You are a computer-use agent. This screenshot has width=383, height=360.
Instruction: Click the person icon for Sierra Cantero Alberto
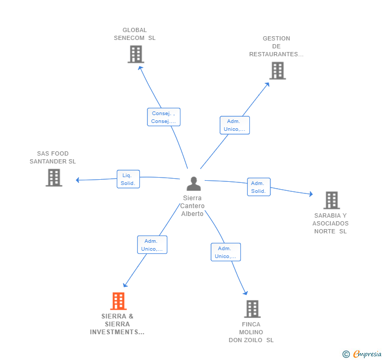tap(194, 184)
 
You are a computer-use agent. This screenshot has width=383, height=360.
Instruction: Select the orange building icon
tap(118, 301)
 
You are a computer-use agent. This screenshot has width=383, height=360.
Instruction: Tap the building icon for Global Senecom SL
tap(136, 54)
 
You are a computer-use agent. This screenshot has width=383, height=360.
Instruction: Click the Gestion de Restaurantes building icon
tap(277, 70)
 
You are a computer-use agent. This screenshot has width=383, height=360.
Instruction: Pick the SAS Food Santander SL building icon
tap(54, 178)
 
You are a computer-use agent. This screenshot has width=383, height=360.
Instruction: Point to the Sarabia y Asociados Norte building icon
tap(331, 200)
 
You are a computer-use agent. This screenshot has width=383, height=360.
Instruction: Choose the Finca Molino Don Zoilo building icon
tap(252, 309)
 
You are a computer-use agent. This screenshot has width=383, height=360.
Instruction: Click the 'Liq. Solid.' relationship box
tap(128, 179)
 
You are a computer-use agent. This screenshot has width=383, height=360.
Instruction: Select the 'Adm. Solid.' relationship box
tap(258, 187)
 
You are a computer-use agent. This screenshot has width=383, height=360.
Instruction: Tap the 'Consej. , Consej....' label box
tap(164, 117)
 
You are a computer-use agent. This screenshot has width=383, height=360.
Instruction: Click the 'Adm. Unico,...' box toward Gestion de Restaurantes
tap(234, 125)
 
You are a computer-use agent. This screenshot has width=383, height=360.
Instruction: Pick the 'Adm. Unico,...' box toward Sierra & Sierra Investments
tap(152, 245)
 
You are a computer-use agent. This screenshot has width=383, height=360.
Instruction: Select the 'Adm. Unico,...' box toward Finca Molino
tap(226, 252)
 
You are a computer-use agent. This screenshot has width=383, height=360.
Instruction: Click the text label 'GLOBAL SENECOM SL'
tap(135, 34)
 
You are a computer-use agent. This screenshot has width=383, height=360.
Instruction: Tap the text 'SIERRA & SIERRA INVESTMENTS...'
tap(117, 324)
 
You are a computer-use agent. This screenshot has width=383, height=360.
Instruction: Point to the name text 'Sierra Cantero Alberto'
tap(193, 206)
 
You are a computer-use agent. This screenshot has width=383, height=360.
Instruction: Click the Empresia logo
tap(362, 354)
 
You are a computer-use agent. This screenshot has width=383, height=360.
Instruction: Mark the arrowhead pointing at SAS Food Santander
tap(78, 180)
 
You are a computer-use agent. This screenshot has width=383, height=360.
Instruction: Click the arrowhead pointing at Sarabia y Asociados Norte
tap(311, 194)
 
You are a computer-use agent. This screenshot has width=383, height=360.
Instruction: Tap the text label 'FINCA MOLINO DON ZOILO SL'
tap(251, 332)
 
